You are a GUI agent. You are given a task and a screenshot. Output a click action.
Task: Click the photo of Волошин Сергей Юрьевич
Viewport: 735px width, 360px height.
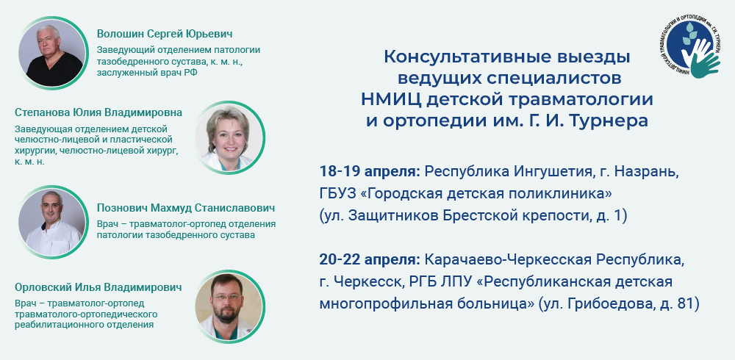52,52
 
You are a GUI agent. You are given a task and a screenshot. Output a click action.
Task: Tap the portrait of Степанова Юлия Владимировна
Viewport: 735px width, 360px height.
229,137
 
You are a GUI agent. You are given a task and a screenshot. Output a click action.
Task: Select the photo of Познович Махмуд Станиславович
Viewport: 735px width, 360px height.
52,222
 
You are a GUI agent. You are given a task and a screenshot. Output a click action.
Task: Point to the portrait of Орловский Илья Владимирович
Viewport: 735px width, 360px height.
229,306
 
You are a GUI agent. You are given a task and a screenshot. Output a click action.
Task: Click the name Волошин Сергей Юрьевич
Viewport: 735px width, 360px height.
165,35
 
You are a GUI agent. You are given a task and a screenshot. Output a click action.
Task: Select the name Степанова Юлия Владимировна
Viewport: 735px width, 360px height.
98,112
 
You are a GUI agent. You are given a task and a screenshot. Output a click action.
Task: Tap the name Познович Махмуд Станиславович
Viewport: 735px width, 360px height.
186,208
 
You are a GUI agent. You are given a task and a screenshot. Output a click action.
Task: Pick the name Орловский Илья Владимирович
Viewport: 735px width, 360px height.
98,287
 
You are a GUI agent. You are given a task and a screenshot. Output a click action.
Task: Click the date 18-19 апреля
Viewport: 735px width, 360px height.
370,172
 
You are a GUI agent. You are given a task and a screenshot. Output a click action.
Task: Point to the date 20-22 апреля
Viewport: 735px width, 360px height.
370,259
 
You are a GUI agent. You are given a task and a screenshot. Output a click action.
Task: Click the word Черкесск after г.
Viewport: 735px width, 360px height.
367,281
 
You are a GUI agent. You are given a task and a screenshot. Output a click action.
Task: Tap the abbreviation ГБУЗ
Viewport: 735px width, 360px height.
335,194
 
